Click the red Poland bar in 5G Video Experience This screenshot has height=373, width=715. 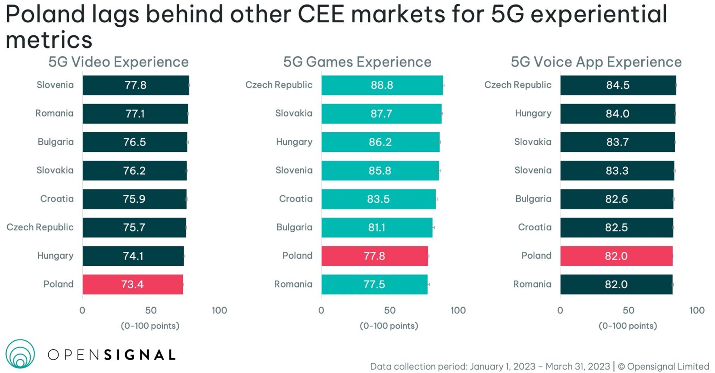point(133,285)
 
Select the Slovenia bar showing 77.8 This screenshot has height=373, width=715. point(135,85)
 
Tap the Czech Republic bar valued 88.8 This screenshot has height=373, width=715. point(382,85)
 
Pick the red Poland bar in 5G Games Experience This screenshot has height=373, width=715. point(374,256)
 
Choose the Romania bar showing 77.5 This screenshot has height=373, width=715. point(374,285)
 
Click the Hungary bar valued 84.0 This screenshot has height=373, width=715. point(618,114)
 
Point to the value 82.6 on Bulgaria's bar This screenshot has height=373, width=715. point(617,199)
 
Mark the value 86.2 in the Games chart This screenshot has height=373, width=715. point(380,142)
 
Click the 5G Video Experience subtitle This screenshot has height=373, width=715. point(118,62)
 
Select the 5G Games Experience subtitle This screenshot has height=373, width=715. point(357,62)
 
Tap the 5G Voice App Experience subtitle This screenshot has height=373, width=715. point(596,62)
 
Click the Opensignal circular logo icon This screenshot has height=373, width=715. point(20,354)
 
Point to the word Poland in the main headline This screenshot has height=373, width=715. point(45,14)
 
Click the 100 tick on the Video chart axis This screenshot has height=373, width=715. point(219,310)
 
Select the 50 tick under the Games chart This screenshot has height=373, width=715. point(390,310)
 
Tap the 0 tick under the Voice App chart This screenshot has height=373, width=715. point(560,310)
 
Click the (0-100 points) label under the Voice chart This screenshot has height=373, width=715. point(628,326)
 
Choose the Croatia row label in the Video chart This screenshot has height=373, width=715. point(57,199)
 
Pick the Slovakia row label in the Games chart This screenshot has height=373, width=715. point(294,113)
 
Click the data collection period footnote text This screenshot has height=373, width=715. point(490,366)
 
